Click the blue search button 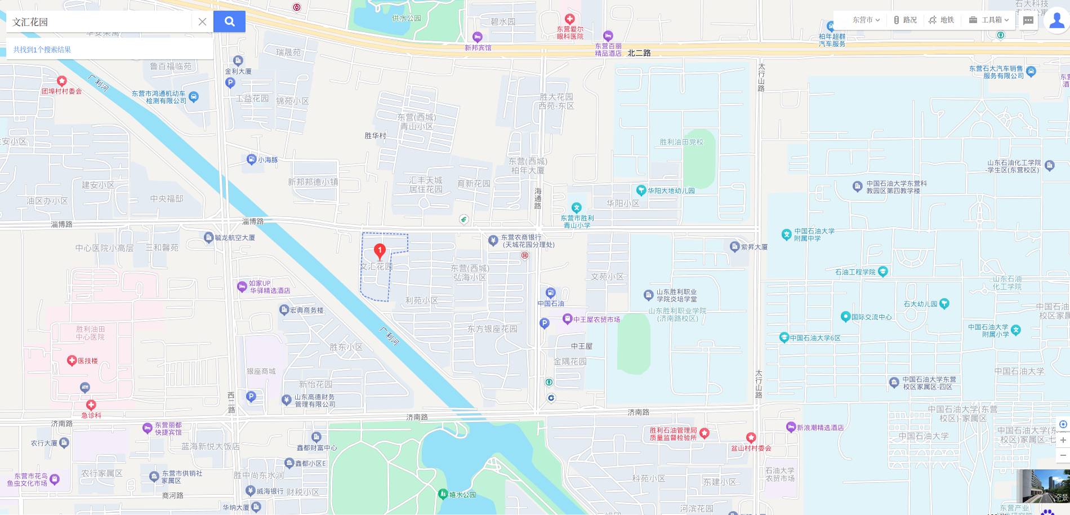click(229, 21)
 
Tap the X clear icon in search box click(202, 22)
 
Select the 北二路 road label click(639, 53)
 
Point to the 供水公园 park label click(406, 19)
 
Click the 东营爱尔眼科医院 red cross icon click(570, 19)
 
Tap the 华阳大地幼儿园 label click(671, 191)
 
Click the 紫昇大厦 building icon click(734, 246)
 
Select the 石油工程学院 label click(855, 272)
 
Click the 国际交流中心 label click(871, 317)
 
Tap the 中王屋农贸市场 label click(596, 319)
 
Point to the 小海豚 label click(268, 160)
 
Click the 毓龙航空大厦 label click(235, 238)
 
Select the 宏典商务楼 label click(306, 310)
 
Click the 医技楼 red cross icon click(72, 361)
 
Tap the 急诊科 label click(91, 415)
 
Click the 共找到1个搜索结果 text click(42, 50)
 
